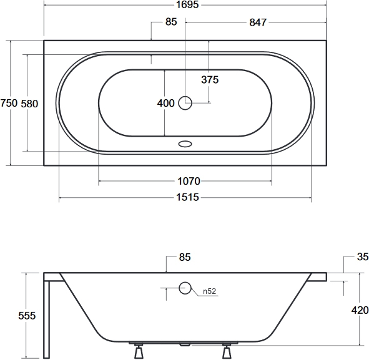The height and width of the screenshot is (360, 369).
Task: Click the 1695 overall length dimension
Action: pyautogui.click(x=187, y=5)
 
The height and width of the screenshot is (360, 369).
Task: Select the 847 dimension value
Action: pyautogui.click(x=258, y=22)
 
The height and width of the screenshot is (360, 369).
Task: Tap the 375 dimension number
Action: pyautogui.click(x=210, y=80)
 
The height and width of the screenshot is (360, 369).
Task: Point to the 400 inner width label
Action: pyautogui.click(x=166, y=103)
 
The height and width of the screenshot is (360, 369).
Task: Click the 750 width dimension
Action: pyautogui.click(x=9, y=103)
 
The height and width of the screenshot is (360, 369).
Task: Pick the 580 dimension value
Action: pyautogui.click(x=29, y=104)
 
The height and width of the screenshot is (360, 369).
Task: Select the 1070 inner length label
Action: pyautogui.click(x=189, y=182)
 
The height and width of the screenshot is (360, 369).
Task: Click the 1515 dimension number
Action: pyautogui.click(x=187, y=197)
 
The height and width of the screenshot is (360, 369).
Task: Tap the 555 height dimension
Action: pyautogui.click(x=27, y=316)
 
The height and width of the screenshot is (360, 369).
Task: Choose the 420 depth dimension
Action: pyautogui.click(x=360, y=310)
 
